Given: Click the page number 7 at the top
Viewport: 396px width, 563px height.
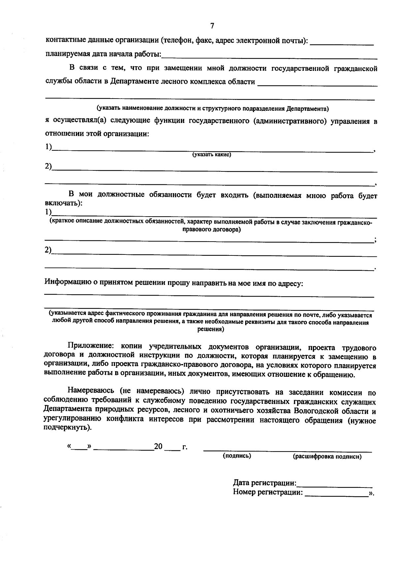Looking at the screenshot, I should [212, 26].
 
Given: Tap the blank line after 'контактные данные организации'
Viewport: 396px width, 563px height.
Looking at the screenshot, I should [342, 43].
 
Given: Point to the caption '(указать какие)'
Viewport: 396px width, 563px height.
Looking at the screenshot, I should [212, 155].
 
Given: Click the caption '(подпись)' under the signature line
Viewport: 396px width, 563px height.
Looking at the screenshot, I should [237, 456].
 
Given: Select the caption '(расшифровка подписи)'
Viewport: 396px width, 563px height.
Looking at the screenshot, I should [327, 457].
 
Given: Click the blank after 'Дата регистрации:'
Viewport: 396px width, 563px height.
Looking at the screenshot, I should [334, 485].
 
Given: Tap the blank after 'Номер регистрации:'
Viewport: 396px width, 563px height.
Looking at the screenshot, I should [337, 494].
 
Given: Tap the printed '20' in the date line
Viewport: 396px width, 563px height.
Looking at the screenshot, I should [158, 447].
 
